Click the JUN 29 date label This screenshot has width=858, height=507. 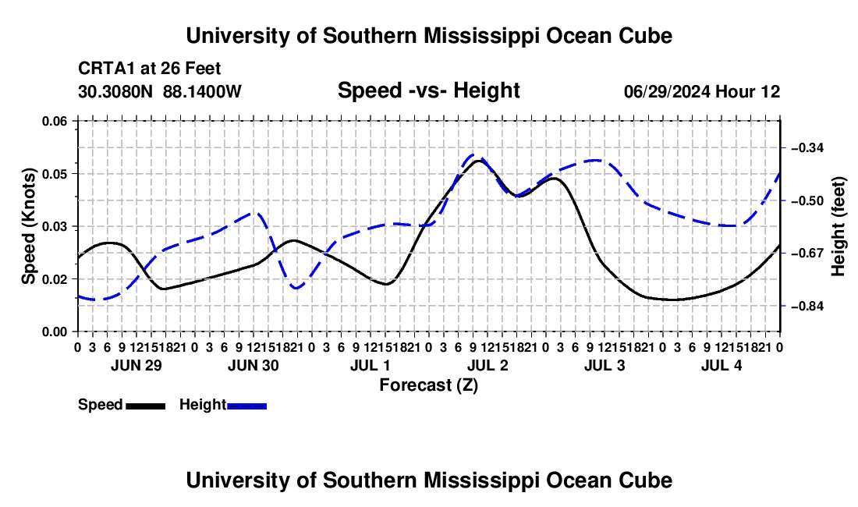[136, 365]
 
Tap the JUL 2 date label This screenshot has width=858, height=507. [487, 365]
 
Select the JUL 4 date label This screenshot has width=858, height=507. [721, 365]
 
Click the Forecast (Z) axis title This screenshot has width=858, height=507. [429, 385]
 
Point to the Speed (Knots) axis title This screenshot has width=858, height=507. [29, 226]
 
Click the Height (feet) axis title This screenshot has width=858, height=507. [838, 226]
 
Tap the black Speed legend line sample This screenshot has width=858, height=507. [146, 406]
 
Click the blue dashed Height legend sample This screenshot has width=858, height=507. [246, 406]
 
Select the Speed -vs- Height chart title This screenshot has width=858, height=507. [428, 90]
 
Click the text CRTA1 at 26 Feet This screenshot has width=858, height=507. [150, 69]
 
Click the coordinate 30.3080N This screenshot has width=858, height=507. [115, 91]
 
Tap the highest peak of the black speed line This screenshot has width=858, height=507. [479, 160]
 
